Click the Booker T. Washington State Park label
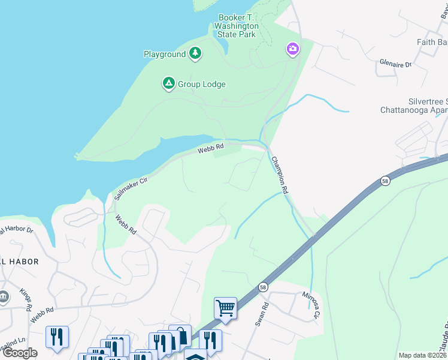[x=238, y=26]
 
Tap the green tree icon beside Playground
[x=195, y=54]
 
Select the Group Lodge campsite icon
[x=169, y=84]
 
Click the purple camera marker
[x=293, y=48]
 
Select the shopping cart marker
[x=225, y=308]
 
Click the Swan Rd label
[x=259, y=315]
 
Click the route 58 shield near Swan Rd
[x=263, y=287]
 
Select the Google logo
[x=20, y=353]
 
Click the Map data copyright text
[x=422, y=355]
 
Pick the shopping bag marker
[x=180, y=337]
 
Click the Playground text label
[x=165, y=54]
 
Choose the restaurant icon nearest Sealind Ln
[x=57, y=337]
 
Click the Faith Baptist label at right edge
[x=432, y=42]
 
